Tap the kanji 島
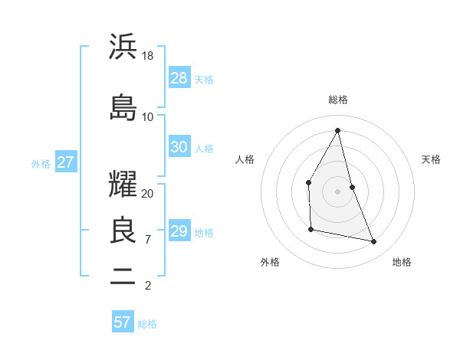123,107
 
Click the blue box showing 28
179,77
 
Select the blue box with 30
179,147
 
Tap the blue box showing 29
179,231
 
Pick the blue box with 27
65,162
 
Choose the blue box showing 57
123,322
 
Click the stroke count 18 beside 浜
148,56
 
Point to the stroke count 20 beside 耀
148,194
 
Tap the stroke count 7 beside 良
148,240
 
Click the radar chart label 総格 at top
337,100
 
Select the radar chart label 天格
431,159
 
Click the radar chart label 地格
402,262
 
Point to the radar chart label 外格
270,262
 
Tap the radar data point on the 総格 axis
337,130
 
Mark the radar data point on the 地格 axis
374,242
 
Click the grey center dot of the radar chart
337,191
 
